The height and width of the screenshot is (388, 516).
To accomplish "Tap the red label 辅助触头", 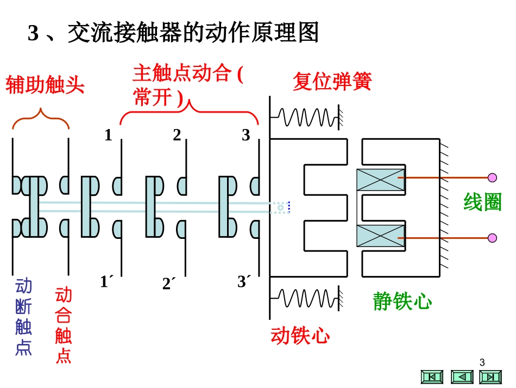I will point(46,85).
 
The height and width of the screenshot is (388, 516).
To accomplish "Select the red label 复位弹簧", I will point(332,82).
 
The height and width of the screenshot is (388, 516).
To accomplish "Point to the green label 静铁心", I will point(402,301).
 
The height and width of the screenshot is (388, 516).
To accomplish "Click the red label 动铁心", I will point(300,336).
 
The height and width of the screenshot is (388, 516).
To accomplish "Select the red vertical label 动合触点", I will point(64,325).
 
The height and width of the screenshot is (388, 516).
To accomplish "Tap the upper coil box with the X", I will point(380,180).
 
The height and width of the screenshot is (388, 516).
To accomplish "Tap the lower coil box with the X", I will point(380,236).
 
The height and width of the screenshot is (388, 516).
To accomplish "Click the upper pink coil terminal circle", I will point(492,177).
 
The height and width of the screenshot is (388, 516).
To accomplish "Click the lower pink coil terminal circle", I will point(492,238).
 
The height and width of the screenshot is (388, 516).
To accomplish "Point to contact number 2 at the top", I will point(177,135).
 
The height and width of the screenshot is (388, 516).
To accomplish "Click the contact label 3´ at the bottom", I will point(244,282).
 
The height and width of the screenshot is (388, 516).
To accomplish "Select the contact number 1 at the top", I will point(108,135).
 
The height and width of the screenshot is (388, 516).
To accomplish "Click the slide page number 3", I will point(482,362).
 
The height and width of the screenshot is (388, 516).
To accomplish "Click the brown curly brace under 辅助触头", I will point(41,118).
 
